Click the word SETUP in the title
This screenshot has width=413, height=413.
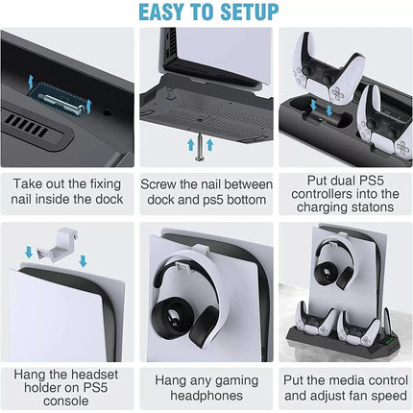(x=250, y=12)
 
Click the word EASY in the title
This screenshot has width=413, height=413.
(x=162, y=12)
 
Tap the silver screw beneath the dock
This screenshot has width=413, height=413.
(x=200, y=147)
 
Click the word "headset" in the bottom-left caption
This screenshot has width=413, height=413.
(x=94, y=375)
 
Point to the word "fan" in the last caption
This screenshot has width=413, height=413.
(x=363, y=396)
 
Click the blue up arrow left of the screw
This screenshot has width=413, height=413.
(x=191, y=145)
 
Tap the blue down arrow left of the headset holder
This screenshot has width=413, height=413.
(x=29, y=252)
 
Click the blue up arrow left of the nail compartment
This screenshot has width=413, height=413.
(x=31, y=82)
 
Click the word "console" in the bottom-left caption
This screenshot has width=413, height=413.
(x=66, y=401)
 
